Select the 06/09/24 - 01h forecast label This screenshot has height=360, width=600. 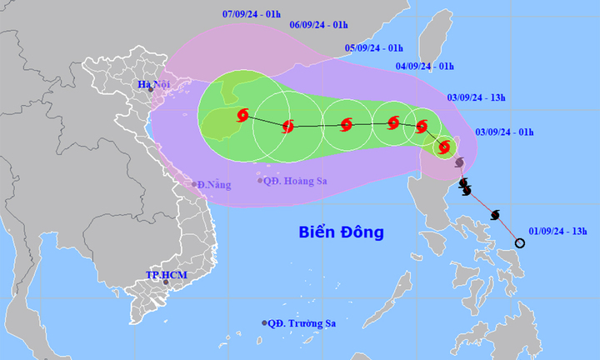(x=318, y=25)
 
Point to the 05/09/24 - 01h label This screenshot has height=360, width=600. (x=374, y=48)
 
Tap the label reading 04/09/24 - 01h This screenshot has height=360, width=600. (x=424, y=66)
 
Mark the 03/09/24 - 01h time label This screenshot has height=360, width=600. (x=505, y=132)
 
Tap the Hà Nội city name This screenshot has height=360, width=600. (x=155, y=84)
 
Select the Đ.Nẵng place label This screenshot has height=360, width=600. (x=212, y=184)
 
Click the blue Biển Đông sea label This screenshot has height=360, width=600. (x=342, y=232)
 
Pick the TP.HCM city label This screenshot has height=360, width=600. (x=164, y=274)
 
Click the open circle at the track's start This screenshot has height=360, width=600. (x=520, y=243)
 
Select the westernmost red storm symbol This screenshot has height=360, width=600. (x=242, y=115)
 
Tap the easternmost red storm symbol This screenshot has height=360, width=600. (x=444, y=147)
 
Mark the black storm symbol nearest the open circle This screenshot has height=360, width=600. (x=495, y=215)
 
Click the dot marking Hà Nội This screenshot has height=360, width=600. (x=150, y=89)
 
